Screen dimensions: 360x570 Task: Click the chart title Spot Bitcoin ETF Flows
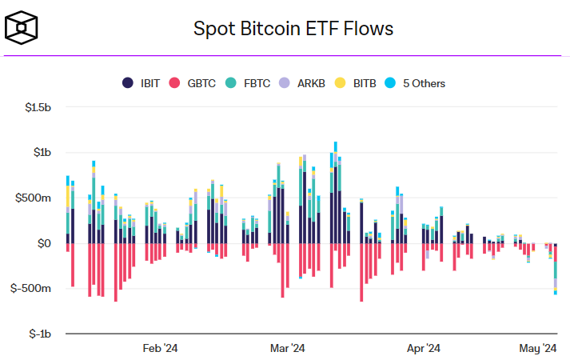[x=293, y=30]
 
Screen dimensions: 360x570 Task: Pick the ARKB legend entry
[x=304, y=82]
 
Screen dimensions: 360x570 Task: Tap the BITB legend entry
[x=357, y=82]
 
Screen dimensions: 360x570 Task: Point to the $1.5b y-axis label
[x=38, y=107]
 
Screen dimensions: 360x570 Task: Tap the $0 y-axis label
[x=46, y=242]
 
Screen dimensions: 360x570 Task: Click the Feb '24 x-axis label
[x=160, y=348]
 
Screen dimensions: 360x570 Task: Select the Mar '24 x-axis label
[x=288, y=348]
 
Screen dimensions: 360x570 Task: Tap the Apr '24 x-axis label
[x=424, y=348]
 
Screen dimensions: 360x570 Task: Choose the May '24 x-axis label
[x=538, y=348]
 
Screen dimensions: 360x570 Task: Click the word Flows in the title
[x=369, y=30]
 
